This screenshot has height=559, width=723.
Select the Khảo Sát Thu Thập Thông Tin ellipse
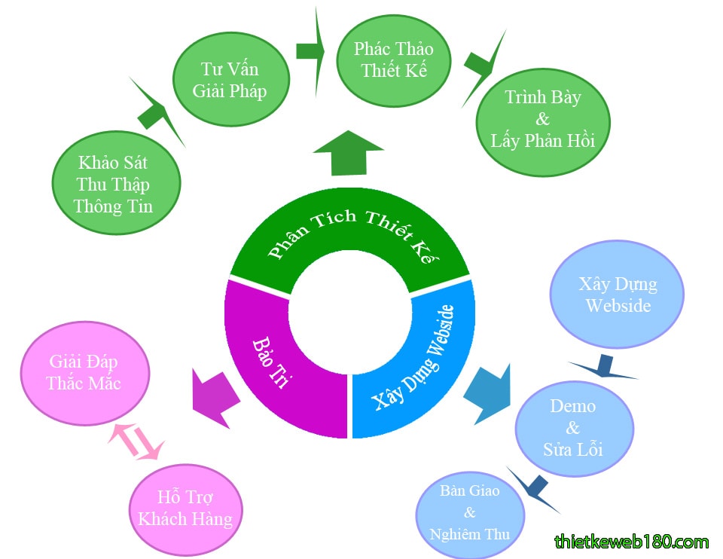tap(117, 183)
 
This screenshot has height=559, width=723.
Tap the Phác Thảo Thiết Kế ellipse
tap(393, 60)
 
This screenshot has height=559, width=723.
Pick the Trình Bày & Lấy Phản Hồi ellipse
tap(542, 121)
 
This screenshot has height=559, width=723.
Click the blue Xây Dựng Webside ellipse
tap(618, 295)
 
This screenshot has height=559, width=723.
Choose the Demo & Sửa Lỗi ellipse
tap(573, 427)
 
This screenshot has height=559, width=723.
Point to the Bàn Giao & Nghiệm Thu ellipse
tap(470, 513)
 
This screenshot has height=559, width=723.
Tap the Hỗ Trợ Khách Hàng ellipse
tap(185, 509)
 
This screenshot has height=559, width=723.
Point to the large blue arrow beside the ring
tap(487, 392)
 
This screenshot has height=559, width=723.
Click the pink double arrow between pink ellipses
tap(136, 440)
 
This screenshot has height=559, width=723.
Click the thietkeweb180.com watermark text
tap(631, 541)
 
